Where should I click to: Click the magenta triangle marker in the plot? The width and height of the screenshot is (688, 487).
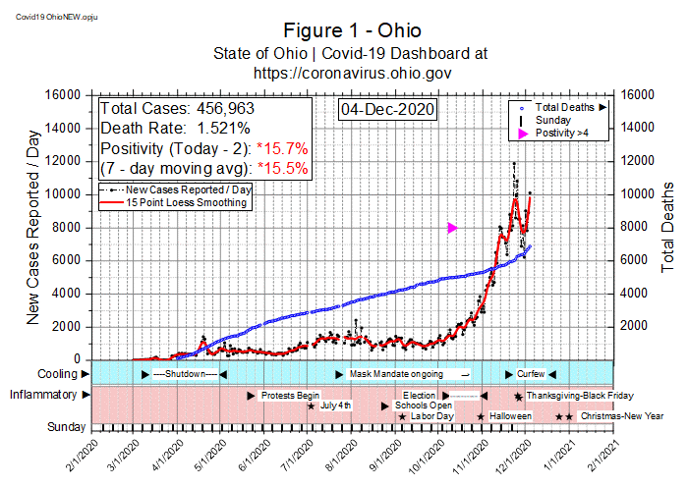[x=452, y=228]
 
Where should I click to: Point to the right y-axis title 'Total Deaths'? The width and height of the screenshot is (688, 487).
[x=668, y=226]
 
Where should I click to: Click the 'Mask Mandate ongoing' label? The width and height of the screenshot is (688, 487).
[x=396, y=375]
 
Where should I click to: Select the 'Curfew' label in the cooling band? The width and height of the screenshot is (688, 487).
[x=531, y=375]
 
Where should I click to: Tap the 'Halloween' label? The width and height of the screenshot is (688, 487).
[x=511, y=416]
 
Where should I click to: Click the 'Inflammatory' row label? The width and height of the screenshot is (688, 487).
[x=42, y=396]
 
